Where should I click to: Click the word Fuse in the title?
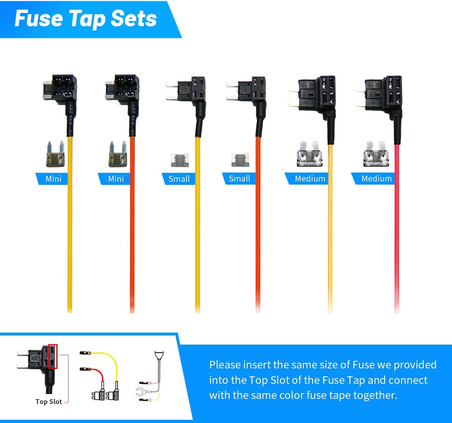39,19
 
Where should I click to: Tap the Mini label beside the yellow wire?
53,179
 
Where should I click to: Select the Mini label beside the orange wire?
116,179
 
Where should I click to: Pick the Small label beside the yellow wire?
179,179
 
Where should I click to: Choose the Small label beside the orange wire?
240,178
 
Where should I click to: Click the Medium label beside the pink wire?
376,178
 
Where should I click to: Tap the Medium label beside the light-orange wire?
310,178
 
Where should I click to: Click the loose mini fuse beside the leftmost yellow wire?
55,154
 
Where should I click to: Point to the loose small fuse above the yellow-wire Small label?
180,160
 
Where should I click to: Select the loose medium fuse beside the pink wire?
376,154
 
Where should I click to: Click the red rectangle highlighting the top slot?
53,356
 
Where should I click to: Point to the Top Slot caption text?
49,402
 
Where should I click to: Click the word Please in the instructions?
225,365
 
